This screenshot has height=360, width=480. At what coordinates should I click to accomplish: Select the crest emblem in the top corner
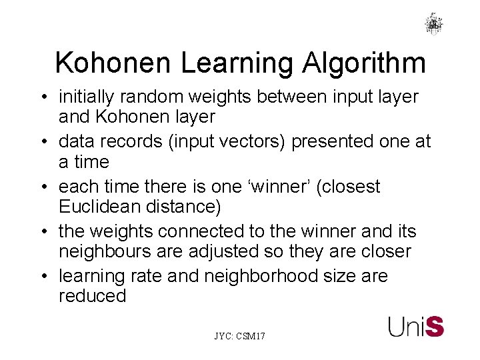[x=434, y=23]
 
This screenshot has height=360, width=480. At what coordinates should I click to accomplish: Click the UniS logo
[x=416, y=326]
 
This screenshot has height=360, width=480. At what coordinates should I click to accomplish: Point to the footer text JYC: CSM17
[x=239, y=337]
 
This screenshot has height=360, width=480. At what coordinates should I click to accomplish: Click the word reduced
[x=93, y=296]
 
